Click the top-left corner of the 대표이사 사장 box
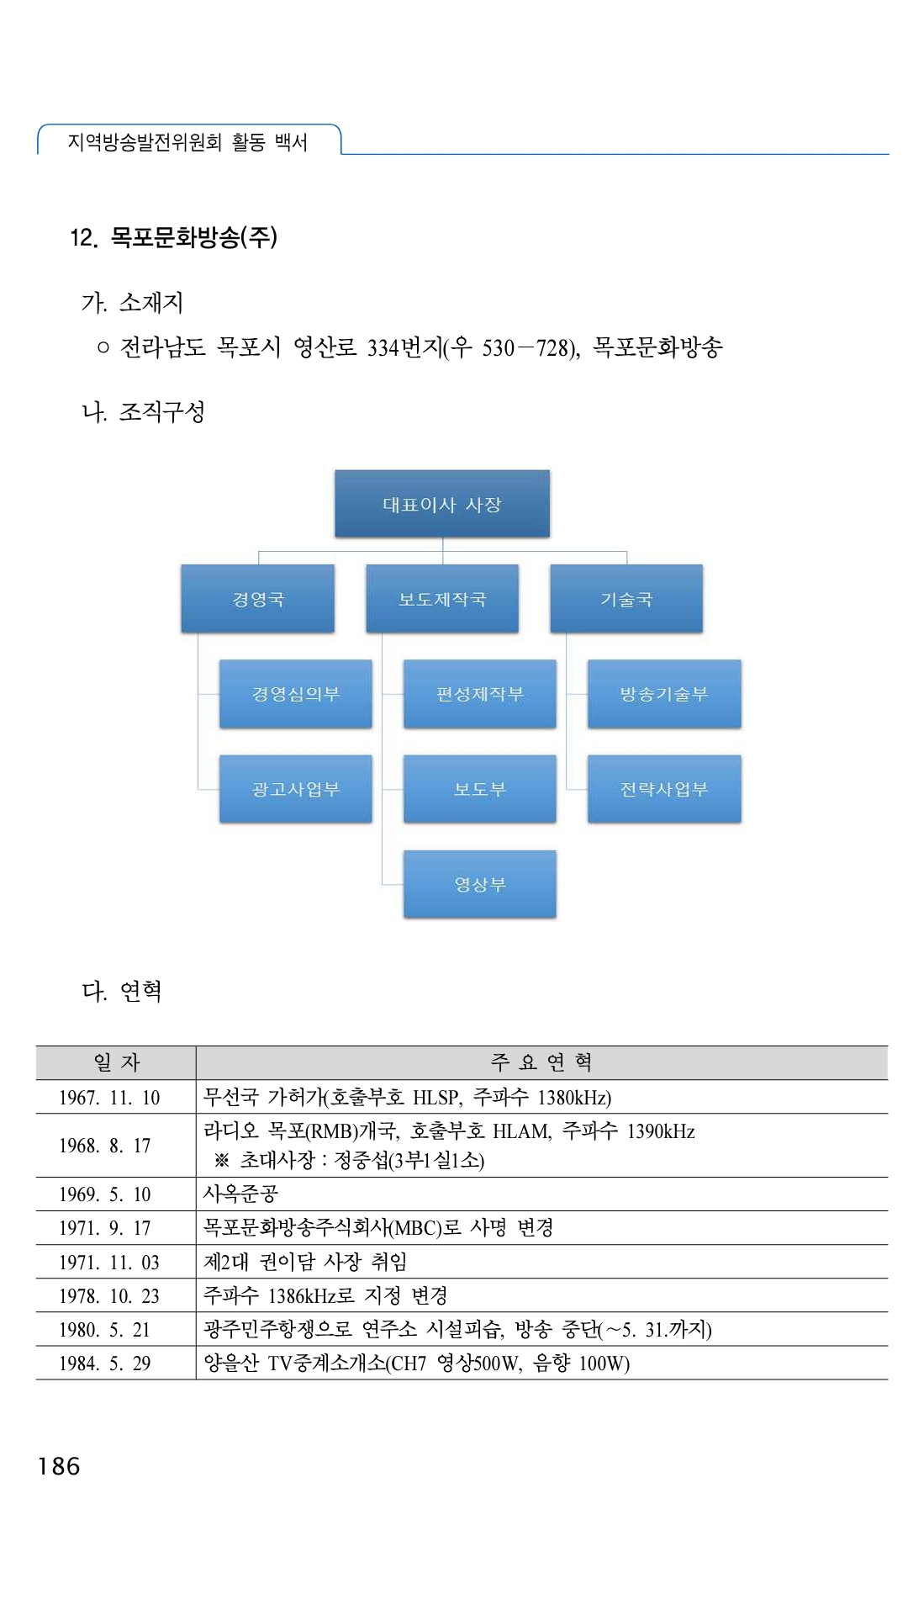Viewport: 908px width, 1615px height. tap(335, 471)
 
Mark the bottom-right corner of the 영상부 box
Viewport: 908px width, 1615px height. tap(556, 917)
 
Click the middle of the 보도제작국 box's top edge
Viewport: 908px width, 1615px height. tap(442, 565)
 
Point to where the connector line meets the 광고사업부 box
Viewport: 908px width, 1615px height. tap(220, 789)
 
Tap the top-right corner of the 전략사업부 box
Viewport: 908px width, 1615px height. tap(741, 756)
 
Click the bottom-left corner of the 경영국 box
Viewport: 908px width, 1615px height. tap(182, 632)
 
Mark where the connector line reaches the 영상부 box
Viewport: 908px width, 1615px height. tap(404, 884)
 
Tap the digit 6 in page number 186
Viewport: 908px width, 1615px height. tap(71, 1466)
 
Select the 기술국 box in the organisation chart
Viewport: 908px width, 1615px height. tap(626, 599)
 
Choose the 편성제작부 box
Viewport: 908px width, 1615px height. tap(480, 694)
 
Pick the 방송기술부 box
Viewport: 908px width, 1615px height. tap(664, 694)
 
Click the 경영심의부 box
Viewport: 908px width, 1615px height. tap(296, 694)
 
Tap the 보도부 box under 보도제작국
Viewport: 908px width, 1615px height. tap(480, 789)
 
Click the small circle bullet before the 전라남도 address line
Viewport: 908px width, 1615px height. tap(103, 347)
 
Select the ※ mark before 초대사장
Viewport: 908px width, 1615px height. tap(222, 1161)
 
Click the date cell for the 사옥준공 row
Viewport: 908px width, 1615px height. tap(105, 1194)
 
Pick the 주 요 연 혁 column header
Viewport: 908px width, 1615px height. tap(541, 1062)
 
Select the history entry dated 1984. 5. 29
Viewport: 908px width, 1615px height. tap(416, 1363)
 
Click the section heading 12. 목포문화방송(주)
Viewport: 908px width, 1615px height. tap(174, 237)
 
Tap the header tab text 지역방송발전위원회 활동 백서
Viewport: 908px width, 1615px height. tap(187, 141)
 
